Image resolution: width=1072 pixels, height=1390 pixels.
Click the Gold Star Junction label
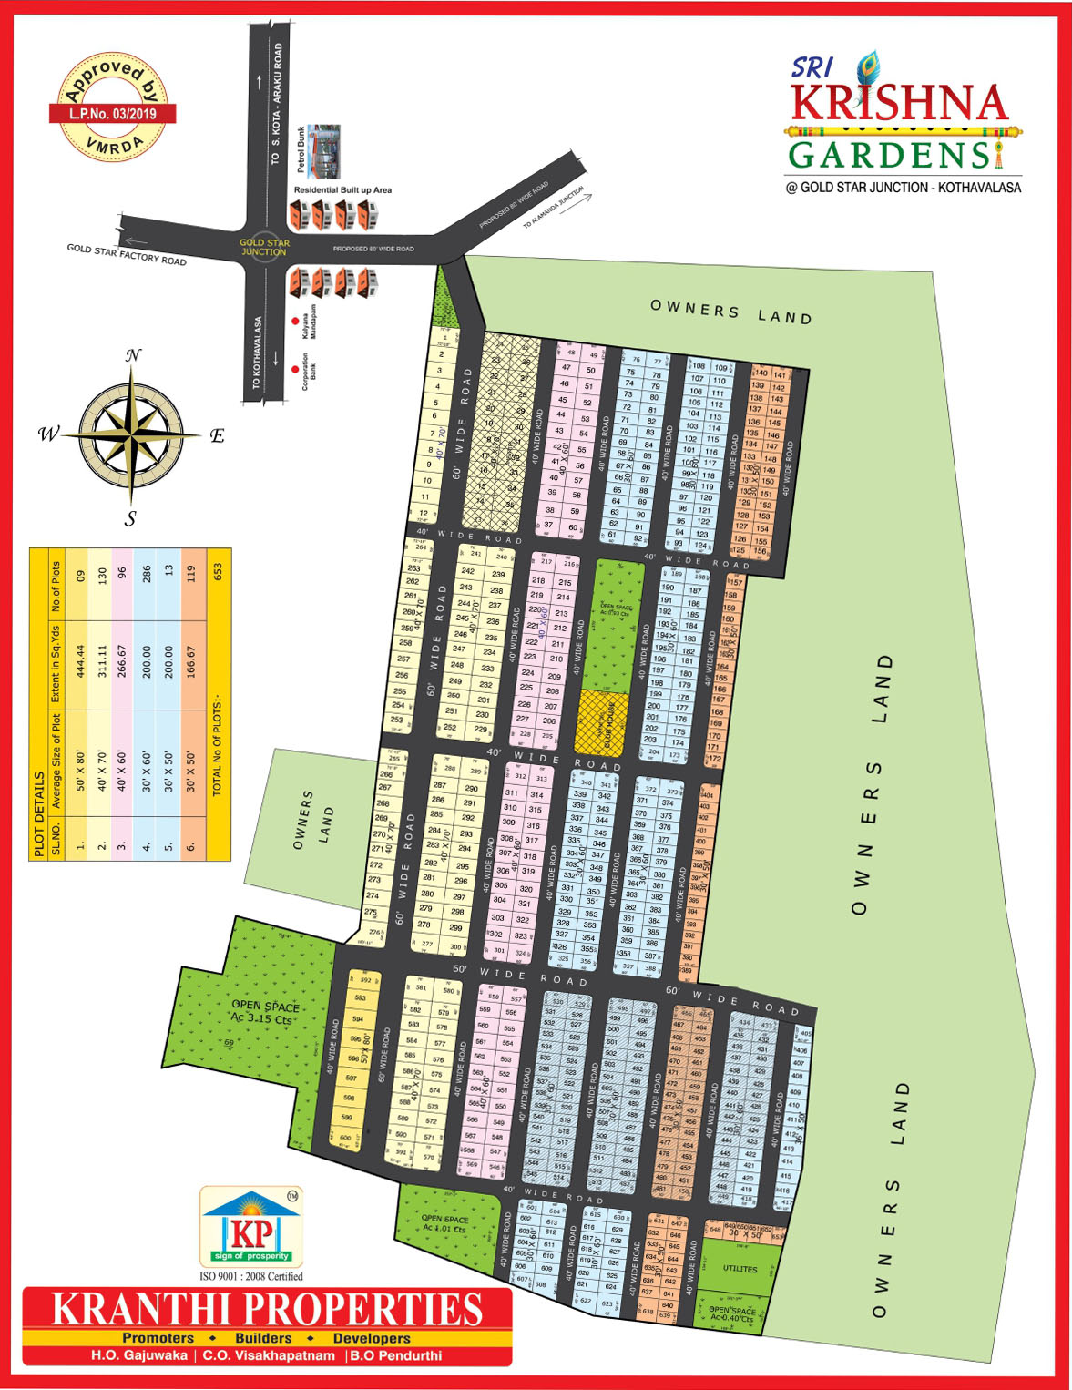(264, 247)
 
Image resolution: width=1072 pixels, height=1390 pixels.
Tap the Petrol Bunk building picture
(323, 151)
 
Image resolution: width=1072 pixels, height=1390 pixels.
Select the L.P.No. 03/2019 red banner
(112, 114)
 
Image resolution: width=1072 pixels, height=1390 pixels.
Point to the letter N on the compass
(133, 355)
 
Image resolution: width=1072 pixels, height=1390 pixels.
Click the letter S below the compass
(131, 518)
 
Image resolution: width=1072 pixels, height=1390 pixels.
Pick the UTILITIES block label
(740, 1269)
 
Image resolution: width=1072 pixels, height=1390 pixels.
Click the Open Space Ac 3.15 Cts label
(263, 1012)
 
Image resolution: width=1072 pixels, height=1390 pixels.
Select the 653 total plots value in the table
(218, 572)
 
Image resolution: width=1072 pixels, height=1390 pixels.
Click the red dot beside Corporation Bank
(294, 369)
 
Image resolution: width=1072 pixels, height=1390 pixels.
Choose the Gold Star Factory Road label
(127, 255)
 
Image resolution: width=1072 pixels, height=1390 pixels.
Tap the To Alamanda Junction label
(553, 208)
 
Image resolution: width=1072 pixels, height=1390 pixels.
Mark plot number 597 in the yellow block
(347, 1078)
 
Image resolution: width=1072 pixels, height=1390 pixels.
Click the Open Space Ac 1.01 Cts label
(444, 1223)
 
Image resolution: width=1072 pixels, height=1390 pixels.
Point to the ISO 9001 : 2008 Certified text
(250, 1276)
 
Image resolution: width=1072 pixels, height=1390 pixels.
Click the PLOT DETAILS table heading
(39, 813)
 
